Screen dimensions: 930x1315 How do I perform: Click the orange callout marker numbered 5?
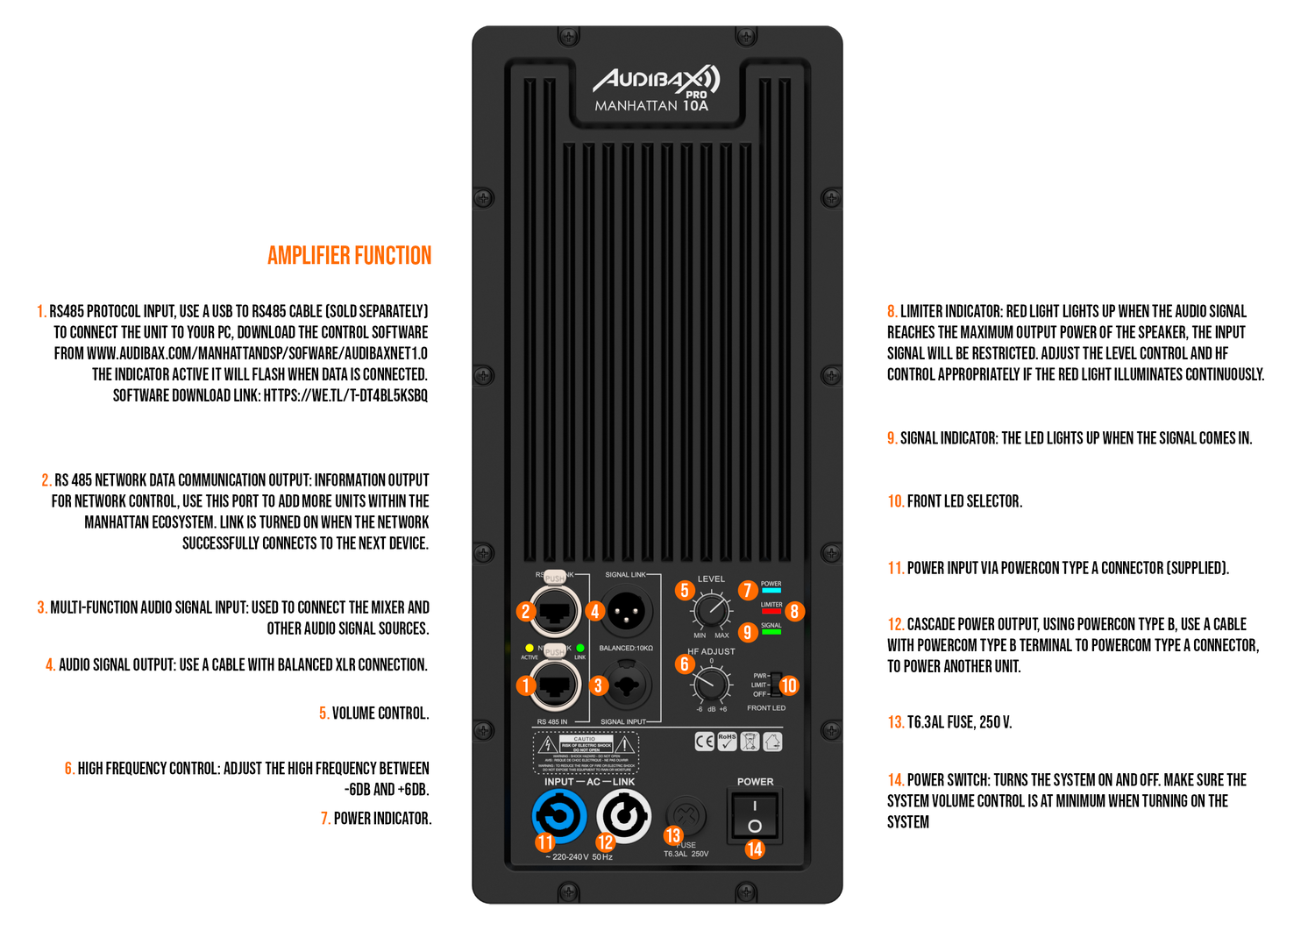[685, 590]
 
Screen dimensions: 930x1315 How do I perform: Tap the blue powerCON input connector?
[559, 816]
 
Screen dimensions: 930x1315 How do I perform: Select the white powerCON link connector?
[624, 816]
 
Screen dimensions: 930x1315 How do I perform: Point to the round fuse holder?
[686, 816]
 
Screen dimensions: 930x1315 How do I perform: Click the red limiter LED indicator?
[771, 612]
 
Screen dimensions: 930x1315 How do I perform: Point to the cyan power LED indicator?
[771, 591]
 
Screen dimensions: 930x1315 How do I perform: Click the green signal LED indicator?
[771, 632]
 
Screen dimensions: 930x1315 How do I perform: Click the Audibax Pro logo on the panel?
[657, 82]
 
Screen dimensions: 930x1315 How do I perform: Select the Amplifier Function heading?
[349, 256]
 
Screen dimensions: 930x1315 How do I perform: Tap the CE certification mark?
[704, 742]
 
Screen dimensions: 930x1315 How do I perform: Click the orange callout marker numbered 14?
[754, 848]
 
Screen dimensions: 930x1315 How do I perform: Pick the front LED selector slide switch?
[776, 685]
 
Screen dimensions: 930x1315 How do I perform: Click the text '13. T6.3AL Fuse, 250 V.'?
[949, 722]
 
